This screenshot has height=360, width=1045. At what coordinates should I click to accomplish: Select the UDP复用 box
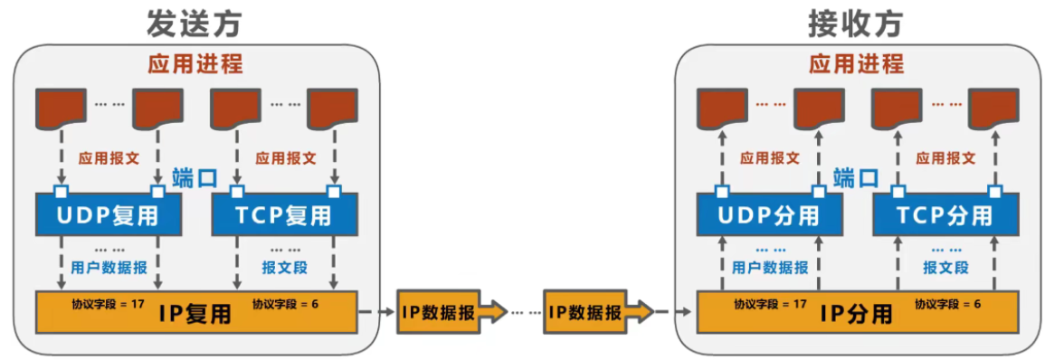click(x=108, y=216)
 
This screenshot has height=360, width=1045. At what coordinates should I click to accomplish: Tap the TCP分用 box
click(x=945, y=216)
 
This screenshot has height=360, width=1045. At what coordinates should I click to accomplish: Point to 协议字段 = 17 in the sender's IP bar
click(x=108, y=303)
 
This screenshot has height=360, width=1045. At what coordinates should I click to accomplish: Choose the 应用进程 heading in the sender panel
click(x=195, y=65)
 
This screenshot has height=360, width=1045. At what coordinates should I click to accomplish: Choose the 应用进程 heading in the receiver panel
click(x=856, y=65)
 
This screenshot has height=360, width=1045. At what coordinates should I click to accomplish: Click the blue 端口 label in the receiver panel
click(x=856, y=177)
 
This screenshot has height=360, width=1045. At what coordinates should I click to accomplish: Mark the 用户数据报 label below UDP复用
click(x=109, y=267)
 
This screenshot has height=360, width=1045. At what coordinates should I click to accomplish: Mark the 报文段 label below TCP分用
click(x=945, y=267)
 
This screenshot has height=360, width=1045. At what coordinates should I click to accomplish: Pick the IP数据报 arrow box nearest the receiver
click(x=589, y=313)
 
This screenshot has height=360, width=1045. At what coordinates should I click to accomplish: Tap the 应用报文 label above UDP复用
click(x=109, y=157)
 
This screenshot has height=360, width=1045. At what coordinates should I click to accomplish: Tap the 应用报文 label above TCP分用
click(x=945, y=157)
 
